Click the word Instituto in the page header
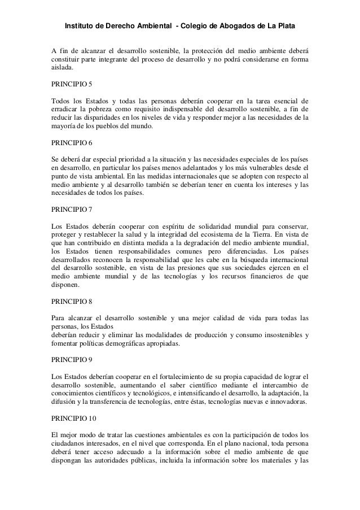pos(82,27)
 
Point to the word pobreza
pos(98,108)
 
